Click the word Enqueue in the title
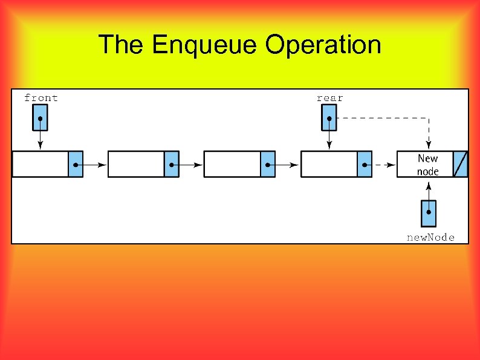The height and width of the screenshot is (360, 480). (205, 45)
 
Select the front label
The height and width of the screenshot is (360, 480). (41, 98)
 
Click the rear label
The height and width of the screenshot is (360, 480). (329, 98)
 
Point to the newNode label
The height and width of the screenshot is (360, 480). (430, 238)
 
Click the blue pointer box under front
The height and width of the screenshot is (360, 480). (40, 117)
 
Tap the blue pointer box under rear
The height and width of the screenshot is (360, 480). (329, 117)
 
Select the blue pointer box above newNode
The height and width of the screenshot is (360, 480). (428, 213)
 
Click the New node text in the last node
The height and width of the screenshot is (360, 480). (427, 165)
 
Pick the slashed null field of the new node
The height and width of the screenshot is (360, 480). (461, 165)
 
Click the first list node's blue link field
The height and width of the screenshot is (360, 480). (75, 165)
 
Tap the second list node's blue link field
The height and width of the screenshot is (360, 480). (171, 165)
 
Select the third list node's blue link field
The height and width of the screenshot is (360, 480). (268, 165)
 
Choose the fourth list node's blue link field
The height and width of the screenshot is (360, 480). (364, 165)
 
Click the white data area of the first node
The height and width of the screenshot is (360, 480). (40, 165)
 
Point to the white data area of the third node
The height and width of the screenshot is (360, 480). (232, 165)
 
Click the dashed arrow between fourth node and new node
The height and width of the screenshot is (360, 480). (383, 165)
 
